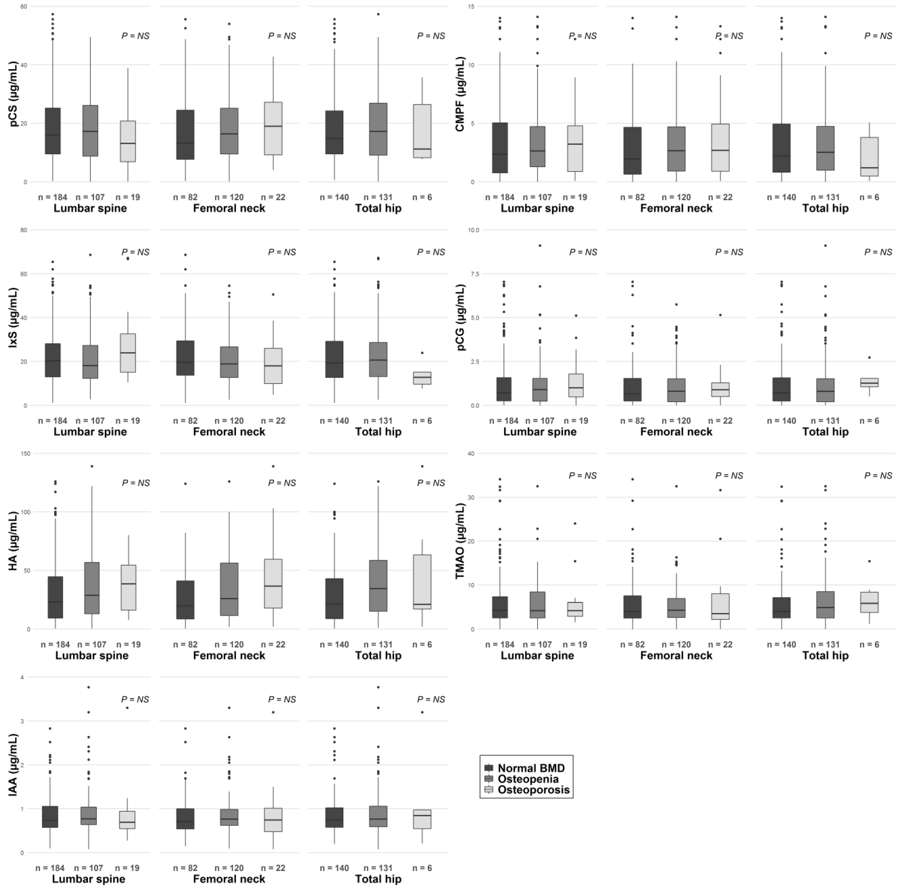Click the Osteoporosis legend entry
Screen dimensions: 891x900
[x=533, y=790]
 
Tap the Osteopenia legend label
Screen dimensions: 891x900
[x=528, y=779]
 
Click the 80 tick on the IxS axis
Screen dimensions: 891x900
[x=24, y=230]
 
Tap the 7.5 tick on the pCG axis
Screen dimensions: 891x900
[x=475, y=274]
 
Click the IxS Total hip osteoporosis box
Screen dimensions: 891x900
[x=422, y=378]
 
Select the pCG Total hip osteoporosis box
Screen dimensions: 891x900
[x=869, y=382]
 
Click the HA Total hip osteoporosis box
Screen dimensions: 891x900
[x=422, y=582]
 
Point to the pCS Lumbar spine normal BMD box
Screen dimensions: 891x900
[x=53, y=131]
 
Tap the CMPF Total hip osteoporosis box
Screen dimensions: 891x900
[x=869, y=156]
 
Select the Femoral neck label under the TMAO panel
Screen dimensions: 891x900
[x=676, y=655]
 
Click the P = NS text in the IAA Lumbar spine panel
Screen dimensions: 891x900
[x=135, y=700]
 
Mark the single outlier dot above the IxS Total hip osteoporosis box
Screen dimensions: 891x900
[x=422, y=353]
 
